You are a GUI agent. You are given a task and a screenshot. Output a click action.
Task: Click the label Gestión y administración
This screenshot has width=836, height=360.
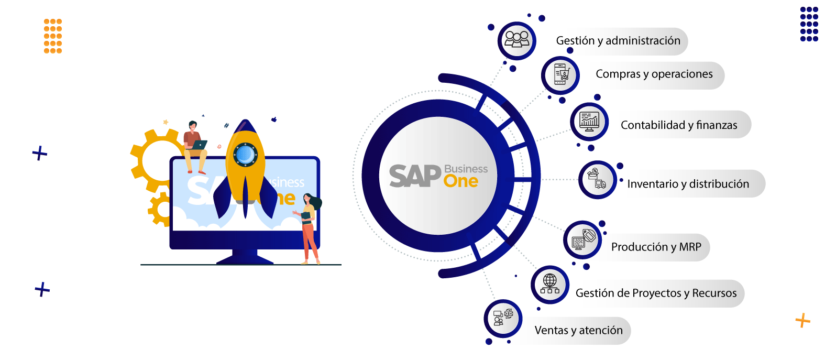pyautogui.click(x=618, y=41)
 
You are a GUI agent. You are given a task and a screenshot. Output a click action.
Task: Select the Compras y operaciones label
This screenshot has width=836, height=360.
pyautogui.click(x=654, y=74)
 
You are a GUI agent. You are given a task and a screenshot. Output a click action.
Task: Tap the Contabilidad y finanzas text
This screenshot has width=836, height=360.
pyautogui.click(x=679, y=125)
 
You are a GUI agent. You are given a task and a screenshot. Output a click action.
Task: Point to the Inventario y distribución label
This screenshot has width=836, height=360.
pyautogui.click(x=688, y=184)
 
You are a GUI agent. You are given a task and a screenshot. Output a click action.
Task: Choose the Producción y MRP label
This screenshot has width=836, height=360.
pyautogui.click(x=656, y=247)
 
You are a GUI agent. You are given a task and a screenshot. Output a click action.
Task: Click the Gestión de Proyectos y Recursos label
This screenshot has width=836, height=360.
pyautogui.click(x=656, y=293)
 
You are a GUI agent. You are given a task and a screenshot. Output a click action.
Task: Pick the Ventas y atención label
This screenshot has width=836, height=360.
pyautogui.click(x=578, y=330)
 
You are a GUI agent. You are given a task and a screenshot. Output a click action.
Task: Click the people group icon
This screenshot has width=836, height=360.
pyautogui.click(x=517, y=39)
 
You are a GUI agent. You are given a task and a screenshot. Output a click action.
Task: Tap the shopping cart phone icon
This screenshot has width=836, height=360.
pyautogui.click(x=561, y=74)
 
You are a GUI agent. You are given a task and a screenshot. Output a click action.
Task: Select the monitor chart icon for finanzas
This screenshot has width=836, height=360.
pyautogui.click(x=589, y=122)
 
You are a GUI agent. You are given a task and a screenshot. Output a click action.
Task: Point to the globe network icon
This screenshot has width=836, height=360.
pyautogui.click(x=550, y=284)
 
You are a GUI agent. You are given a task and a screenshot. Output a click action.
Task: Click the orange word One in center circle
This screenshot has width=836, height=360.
pyautogui.click(x=461, y=181)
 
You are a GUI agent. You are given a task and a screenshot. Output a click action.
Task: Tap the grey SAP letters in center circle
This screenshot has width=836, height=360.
pyautogui.click(x=415, y=176)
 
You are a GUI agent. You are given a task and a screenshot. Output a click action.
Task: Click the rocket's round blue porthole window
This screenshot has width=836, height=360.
pyautogui.click(x=245, y=155)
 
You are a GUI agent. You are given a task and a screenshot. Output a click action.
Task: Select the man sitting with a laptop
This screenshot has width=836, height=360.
pyautogui.click(x=195, y=147)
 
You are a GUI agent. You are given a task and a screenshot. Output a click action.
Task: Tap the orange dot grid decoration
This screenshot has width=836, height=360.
pyautogui.click(x=52, y=36)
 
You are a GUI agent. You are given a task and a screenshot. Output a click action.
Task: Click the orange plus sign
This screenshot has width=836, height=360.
pyautogui.click(x=803, y=320)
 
